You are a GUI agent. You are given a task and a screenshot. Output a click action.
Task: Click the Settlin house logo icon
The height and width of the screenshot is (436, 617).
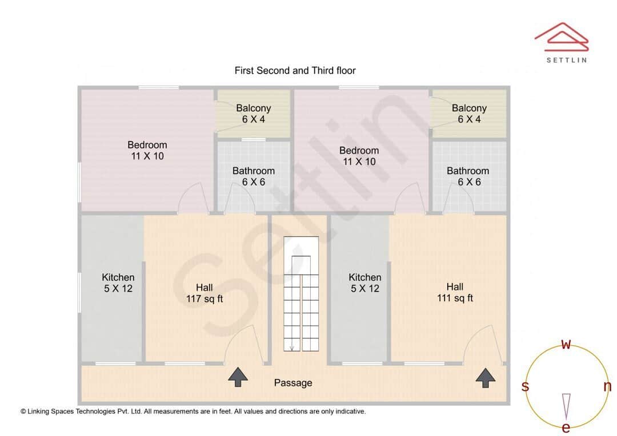pos(561,35)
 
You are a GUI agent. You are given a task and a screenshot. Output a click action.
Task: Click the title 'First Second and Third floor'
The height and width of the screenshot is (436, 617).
pos(295,71)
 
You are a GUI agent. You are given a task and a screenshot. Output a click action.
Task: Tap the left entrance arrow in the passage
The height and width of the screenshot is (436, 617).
pos(238,377)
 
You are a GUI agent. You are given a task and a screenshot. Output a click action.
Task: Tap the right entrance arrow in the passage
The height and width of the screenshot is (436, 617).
pos(486,377)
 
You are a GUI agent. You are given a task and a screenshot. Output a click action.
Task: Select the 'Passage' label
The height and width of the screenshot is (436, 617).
pos(293,383)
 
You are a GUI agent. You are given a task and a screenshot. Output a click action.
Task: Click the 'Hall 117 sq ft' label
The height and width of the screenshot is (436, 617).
pos(205,293)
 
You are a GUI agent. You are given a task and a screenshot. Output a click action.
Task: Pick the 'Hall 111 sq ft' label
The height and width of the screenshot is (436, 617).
pos(455,292)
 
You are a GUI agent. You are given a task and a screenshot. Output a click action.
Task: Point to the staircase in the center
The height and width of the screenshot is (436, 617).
pos(301,295)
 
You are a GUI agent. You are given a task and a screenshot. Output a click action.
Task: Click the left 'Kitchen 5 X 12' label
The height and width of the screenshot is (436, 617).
pos(118,283)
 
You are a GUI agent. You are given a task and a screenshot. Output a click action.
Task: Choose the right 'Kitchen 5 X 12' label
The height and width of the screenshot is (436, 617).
pos(365,283)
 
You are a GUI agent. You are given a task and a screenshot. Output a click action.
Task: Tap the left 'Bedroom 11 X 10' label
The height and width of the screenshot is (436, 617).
pos(147,150)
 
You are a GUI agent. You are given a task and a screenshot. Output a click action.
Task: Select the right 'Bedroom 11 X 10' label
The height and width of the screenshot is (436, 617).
pos(359,156)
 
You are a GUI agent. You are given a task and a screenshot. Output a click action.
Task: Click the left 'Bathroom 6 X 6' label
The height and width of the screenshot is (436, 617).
pos(253,176)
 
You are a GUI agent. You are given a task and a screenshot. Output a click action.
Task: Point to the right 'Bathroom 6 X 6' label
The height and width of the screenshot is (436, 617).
pos(468,176)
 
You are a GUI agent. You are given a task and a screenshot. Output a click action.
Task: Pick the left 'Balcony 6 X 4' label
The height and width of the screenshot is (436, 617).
pos(254,114)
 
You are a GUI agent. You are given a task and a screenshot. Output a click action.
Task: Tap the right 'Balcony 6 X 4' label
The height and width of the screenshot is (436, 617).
pos(469,114)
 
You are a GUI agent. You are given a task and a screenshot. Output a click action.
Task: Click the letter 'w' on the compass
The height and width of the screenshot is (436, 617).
pos(566,344)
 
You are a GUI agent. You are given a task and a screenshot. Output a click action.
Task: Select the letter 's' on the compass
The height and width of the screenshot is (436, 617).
pos(525,386)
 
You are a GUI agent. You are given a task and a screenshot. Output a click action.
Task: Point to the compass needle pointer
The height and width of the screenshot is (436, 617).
pos(566,405)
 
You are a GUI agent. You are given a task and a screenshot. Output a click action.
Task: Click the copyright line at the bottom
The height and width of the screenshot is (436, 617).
pos(193,411)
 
